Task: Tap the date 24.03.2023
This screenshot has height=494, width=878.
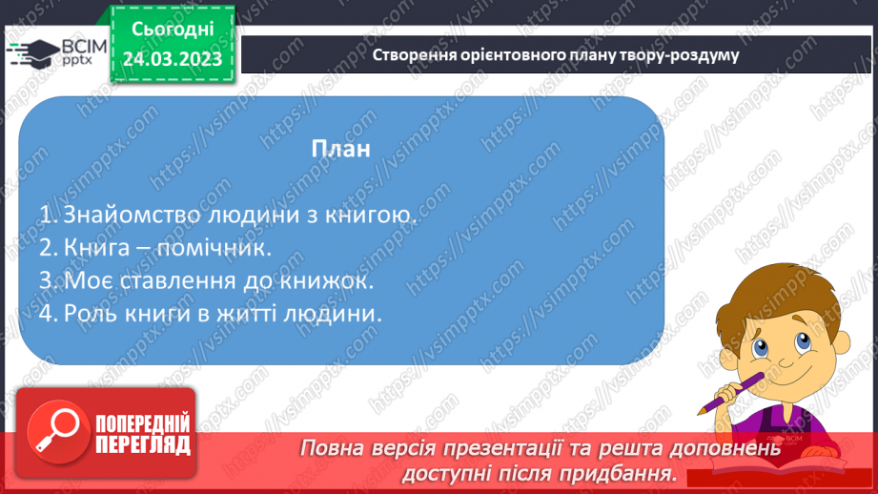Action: pos(172,59)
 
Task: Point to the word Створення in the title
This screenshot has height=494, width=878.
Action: pos(412,54)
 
